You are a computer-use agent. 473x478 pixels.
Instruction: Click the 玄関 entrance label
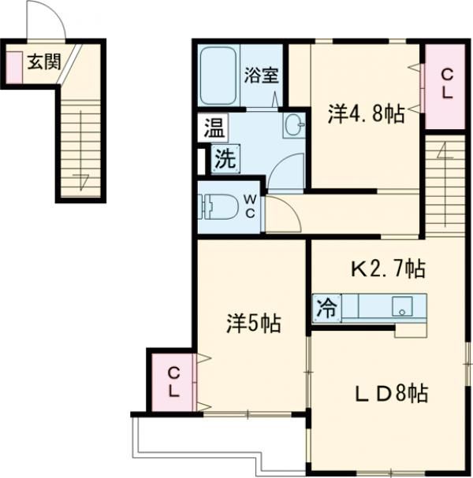coord(43,63)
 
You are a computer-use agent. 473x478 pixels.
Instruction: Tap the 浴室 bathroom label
coord(261,76)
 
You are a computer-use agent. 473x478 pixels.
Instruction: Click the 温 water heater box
coord(212,128)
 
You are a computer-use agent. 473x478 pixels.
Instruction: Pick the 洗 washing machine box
coord(225,158)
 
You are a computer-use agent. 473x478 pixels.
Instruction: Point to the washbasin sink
coord(295,124)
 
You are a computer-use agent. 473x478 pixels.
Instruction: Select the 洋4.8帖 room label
coord(365,115)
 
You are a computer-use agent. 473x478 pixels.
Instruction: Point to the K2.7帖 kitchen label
coord(388,270)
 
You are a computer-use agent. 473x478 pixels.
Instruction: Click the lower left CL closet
coord(173,382)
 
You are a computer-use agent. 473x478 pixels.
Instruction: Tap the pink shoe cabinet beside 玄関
coord(15,68)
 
